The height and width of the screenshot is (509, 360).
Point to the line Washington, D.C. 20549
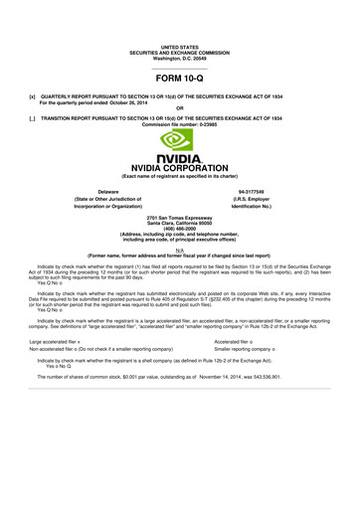click(x=179, y=29)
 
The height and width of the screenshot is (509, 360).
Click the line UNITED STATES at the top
click(x=179, y=17)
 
